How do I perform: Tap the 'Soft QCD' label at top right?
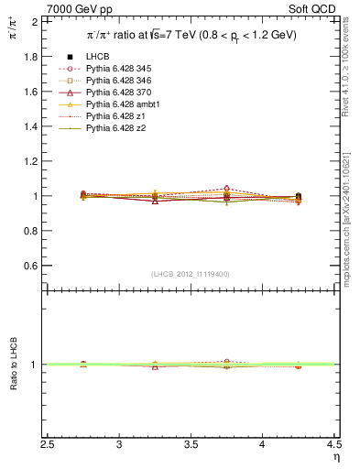click(x=314, y=8)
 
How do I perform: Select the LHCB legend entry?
click(x=97, y=58)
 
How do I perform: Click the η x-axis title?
click(x=336, y=458)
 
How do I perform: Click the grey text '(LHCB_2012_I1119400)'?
click(x=191, y=274)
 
